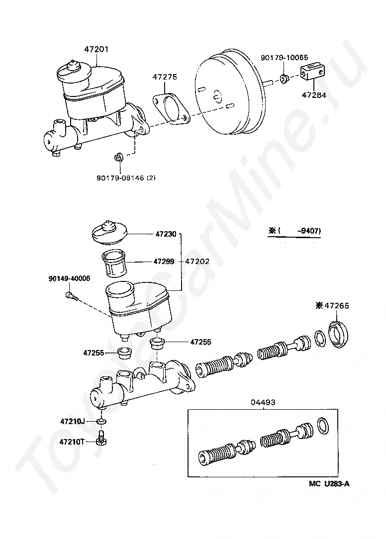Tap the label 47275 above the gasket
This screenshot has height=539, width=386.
click(165, 78)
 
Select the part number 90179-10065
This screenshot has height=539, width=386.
click(284, 58)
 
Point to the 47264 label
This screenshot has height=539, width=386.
click(314, 95)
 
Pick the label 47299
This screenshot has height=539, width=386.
click(164, 261)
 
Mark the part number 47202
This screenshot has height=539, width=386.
click(197, 261)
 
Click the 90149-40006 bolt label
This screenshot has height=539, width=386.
click(70, 278)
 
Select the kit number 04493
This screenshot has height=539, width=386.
click(263, 402)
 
